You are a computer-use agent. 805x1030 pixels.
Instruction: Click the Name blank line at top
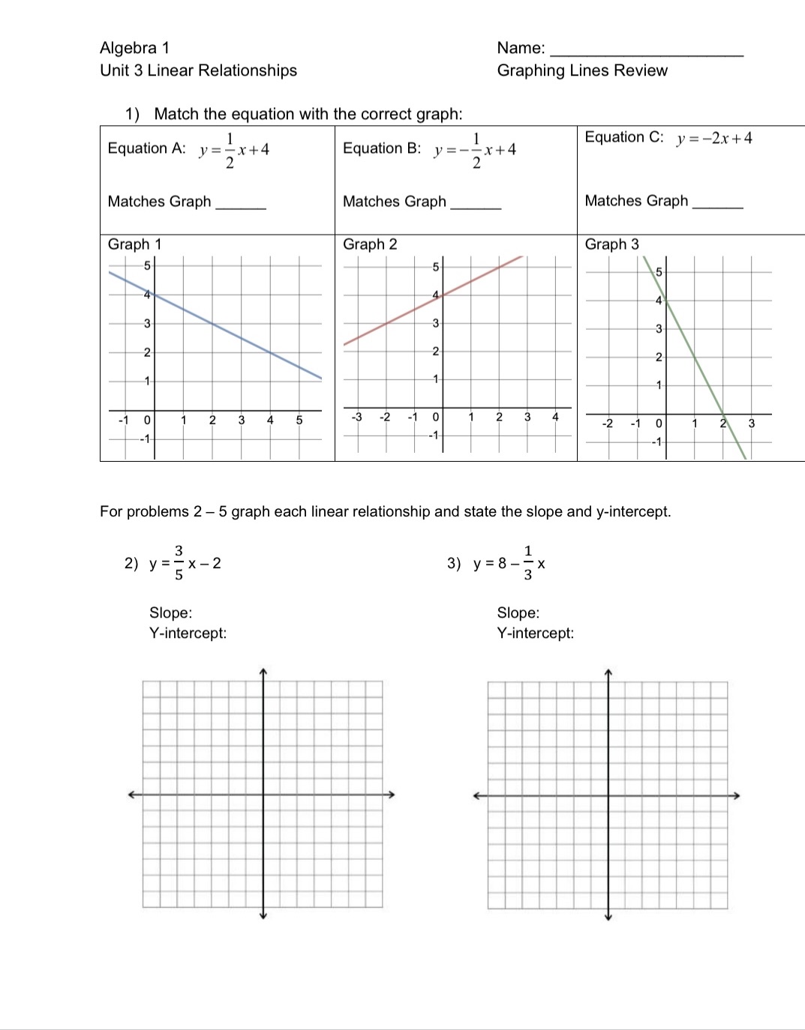[646, 55]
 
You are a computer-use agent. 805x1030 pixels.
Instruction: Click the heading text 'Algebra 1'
[134, 48]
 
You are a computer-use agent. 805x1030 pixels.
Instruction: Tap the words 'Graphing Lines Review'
[581, 70]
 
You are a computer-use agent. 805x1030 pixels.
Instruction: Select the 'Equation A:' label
[146, 148]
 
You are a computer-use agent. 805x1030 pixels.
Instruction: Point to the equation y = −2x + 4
[713, 139]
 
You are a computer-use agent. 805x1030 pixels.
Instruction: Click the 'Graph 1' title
[134, 244]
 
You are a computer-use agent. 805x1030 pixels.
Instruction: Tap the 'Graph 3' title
[611, 244]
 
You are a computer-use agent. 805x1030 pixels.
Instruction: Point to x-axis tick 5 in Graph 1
[299, 421]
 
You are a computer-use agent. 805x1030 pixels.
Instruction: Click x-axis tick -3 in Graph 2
[357, 417]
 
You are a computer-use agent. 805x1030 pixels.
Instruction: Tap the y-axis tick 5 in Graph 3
[659, 271]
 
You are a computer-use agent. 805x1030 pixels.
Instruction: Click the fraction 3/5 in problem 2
[179, 563]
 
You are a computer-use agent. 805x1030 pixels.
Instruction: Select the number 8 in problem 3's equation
[502, 563]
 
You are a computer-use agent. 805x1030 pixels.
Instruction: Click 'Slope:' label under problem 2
[170, 613]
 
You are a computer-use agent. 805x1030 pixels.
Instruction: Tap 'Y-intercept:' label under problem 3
[535, 633]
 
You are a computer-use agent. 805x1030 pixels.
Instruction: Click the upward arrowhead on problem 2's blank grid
[263, 671]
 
